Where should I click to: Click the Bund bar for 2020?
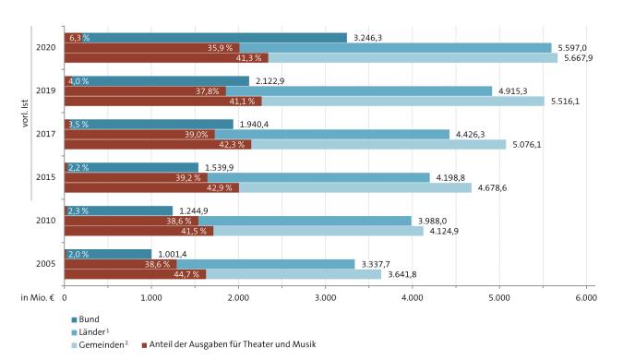(x=203, y=38)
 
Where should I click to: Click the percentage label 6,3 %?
(x=79, y=38)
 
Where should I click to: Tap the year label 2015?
(x=45, y=176)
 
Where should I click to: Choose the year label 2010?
(x=45, y=221)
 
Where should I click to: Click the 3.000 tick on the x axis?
(x=325, y=298)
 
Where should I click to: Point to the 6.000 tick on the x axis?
(x=585, y=298)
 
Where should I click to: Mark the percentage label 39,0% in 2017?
(x=194, y=134)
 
